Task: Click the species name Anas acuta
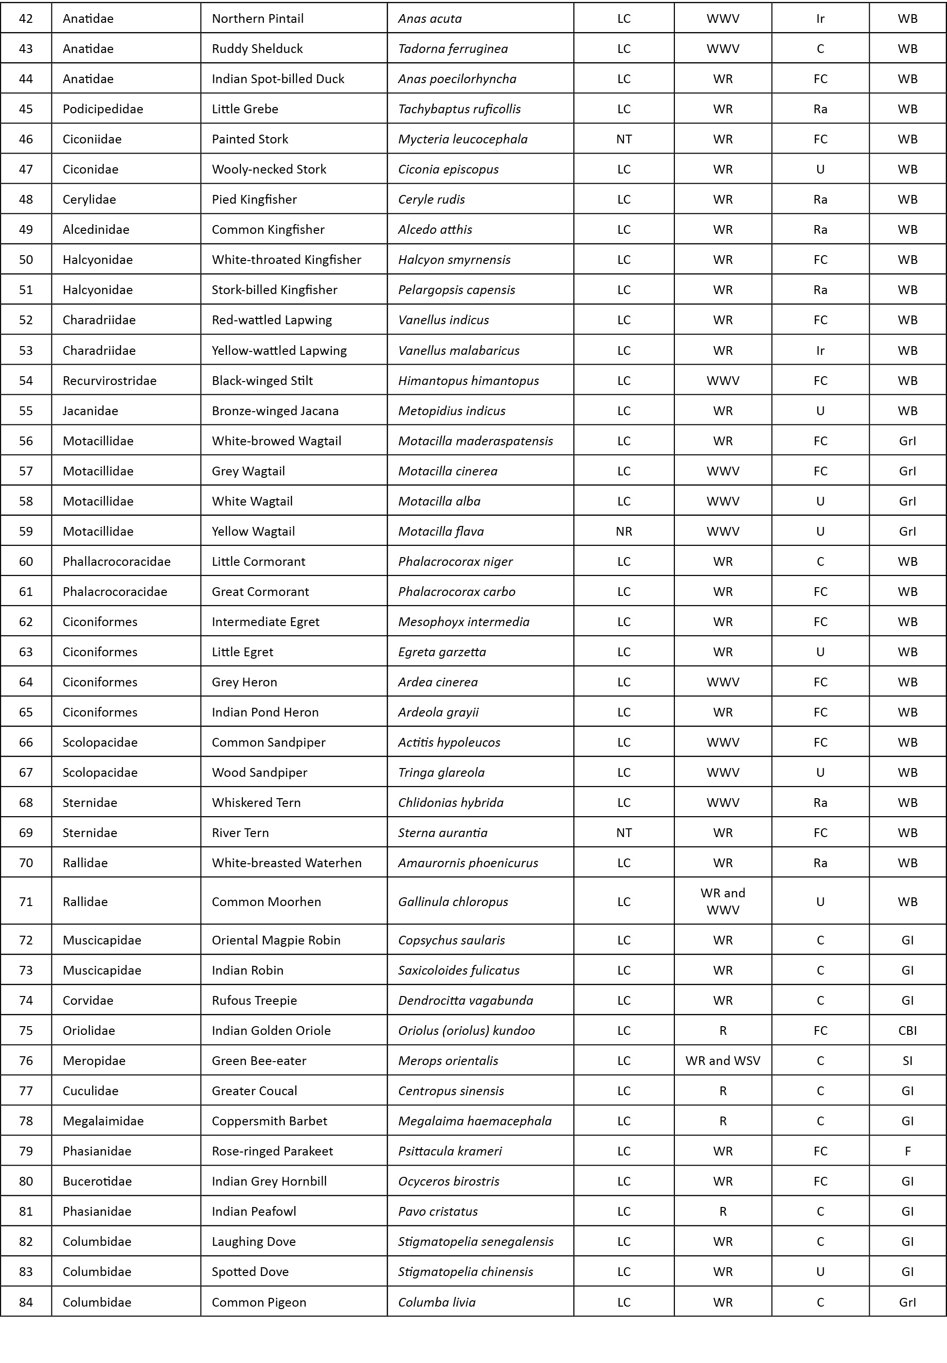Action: [430, 18]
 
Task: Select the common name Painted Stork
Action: [250, 139]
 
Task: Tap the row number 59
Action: [26, 531]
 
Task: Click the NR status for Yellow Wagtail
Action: [623, 531]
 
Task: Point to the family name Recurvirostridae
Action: [109, 381]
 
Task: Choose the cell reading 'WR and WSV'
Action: [722, 1060]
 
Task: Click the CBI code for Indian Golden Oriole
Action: [907, 1030]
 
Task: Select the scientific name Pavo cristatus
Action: [438, 1211]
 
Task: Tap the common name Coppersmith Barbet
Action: [269, 1121]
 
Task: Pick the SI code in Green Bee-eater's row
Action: [907, 1060]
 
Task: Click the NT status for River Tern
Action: [623, 832]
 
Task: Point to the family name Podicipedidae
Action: [103, 108]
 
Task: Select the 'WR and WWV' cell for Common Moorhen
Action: [722, 901]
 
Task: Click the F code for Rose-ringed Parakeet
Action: [907, 1151]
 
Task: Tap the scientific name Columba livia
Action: [437, 1302]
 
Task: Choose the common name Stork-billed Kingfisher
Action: [274, 290]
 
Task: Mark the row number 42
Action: [26, 18]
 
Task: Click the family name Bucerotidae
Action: [97, 1181]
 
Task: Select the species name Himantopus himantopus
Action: [468, 381]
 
